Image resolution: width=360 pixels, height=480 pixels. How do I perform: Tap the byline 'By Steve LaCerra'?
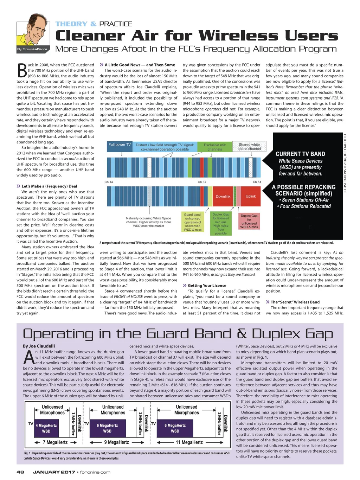coord(32,49)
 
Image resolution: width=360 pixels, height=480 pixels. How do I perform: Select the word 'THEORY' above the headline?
coord(71,24)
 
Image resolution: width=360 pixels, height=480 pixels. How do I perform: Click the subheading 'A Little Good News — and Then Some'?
coord(140,65)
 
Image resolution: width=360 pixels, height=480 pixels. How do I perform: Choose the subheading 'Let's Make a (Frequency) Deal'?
coord(49,186)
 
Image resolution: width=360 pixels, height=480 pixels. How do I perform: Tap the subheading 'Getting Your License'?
coord(207,286)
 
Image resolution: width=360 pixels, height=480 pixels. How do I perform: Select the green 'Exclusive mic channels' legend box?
coord(215,147)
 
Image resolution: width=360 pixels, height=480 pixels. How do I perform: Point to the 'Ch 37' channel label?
coord(202,182)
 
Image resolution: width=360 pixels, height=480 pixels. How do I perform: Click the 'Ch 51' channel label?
coord(257,182)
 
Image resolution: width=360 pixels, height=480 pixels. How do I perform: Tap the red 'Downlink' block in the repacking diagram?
coord(223,196)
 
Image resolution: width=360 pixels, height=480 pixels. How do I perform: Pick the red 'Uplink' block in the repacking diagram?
coord(251,196)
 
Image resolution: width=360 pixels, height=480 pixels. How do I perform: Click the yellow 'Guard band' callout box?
coord(193,222)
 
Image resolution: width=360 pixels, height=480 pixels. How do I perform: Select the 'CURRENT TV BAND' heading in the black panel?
coord(300,154)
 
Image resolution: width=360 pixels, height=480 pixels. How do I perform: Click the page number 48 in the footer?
coord(20,472)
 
